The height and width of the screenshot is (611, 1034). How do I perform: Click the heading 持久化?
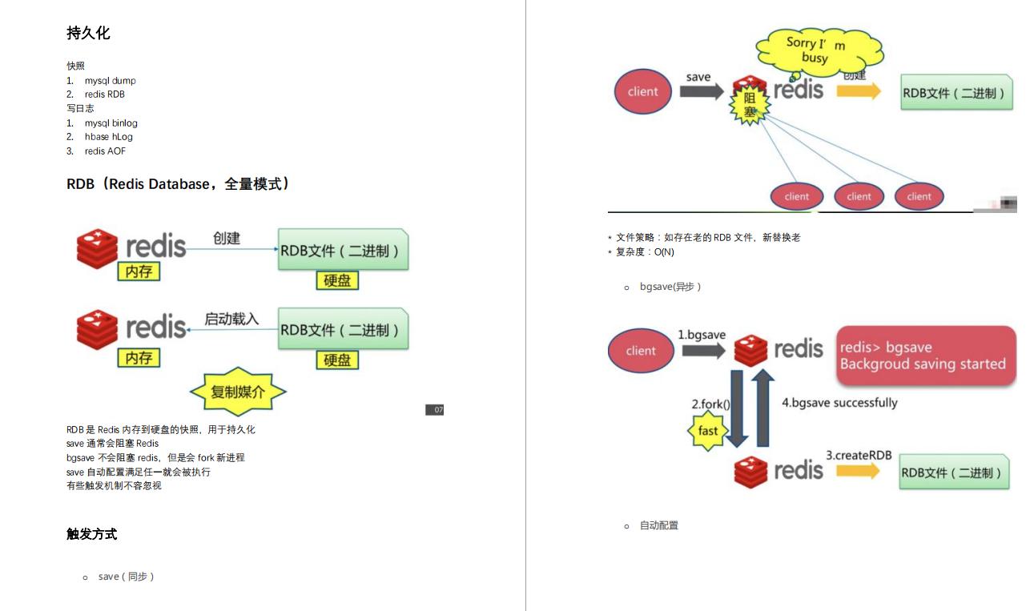[x=88, y=34]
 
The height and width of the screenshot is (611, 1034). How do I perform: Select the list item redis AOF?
[x=105, y=151]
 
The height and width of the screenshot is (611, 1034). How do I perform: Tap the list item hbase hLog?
[x=108, y=137]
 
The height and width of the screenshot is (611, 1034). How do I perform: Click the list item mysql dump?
[x=110, y=80]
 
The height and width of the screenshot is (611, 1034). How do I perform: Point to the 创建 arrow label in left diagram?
[x=227, y=238]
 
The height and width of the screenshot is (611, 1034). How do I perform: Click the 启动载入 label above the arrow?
[x=231, y=319]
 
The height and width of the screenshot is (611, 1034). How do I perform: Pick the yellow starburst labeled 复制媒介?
[x=238, y=392]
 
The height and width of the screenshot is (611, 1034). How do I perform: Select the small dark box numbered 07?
[x=434, y=410]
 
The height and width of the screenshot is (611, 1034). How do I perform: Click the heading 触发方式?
[x=91, y=534]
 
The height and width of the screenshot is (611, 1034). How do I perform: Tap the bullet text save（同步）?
[x=126, y=577]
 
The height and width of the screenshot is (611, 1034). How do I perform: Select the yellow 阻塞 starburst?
[x=750, y=106]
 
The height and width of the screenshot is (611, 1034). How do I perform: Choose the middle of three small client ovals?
[x=859, y=196]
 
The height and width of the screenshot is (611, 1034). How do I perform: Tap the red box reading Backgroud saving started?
[x=926, y=357]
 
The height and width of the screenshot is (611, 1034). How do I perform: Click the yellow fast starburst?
[x=708, y=431]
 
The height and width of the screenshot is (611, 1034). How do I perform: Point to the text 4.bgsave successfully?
[x=839, y=403]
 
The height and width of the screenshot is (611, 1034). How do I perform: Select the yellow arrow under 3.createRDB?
[x=858, y=471]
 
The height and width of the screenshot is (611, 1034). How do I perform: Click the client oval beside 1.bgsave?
[x=641, y=351]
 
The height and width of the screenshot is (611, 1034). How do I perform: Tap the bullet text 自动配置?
[x=658, y=525]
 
